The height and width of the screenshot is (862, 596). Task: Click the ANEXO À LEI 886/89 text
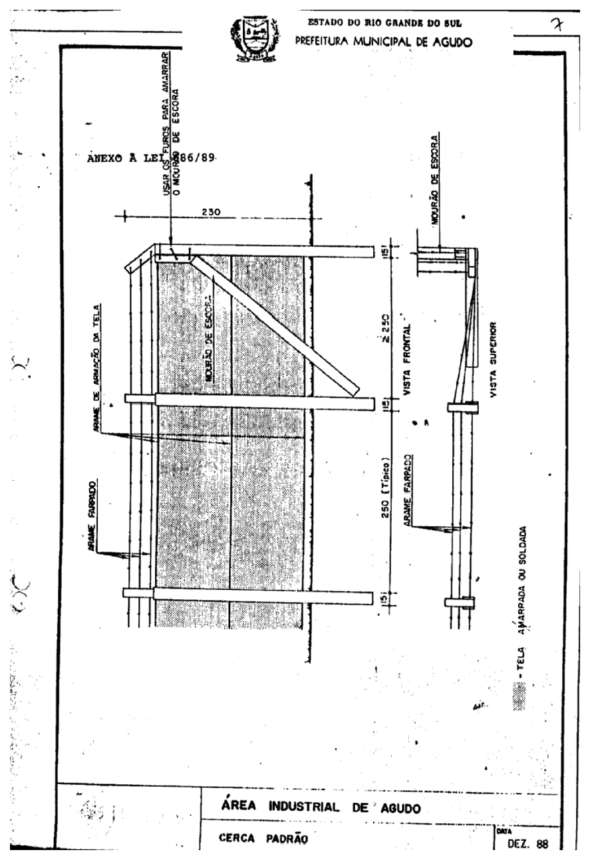[x=153, y=160]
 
